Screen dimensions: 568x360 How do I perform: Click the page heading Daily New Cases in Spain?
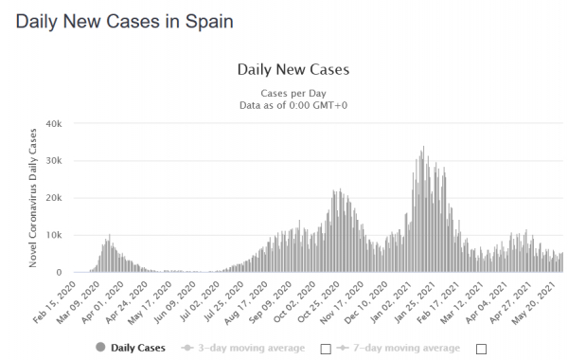124,22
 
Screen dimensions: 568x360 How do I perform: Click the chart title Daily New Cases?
293,69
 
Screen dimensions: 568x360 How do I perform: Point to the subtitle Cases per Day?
293,93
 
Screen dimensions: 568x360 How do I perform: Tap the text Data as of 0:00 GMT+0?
293,105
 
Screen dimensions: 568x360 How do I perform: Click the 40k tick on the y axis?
54,124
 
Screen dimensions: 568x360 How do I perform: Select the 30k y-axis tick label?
54,161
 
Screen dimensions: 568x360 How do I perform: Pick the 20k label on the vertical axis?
54,198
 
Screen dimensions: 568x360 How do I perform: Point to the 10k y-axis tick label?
54,235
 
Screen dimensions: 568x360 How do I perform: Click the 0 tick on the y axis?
59,272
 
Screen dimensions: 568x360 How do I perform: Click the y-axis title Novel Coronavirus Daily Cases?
33,198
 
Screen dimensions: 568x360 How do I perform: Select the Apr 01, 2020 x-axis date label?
103,302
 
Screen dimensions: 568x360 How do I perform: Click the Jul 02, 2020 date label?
199,302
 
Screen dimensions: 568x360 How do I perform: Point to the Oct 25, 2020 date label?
319,302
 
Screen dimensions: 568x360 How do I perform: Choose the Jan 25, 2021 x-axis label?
415,302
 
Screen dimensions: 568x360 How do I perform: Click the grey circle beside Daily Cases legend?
100,348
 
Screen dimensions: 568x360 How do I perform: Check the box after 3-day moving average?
326,350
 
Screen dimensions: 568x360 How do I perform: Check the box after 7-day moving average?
481,350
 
